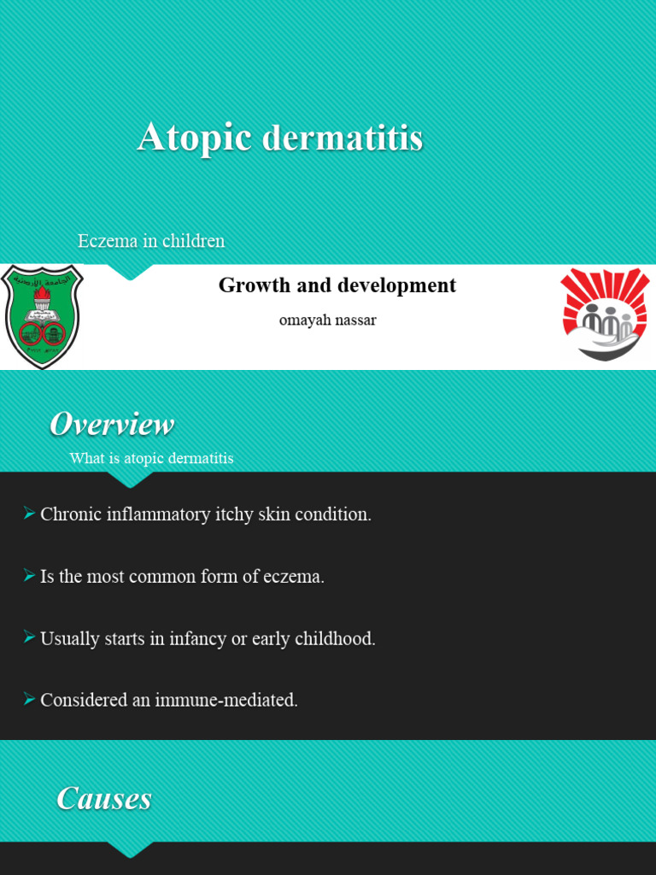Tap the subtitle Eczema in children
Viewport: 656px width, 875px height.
tap(151, 241)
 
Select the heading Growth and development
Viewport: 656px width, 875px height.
tap(337, 285)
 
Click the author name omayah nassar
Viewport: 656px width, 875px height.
tap(327, 320)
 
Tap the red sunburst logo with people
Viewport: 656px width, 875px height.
tap(605, 314)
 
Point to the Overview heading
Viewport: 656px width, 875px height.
tap(112, 424)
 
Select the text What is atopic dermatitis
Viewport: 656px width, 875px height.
tap(151, 459)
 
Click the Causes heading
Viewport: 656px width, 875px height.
tap(104, 798)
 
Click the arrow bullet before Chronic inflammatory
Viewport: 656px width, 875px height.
tap(29, 514)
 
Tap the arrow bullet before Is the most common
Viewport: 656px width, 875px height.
tap(29, 575)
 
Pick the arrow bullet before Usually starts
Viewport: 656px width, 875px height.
tap(29, 637)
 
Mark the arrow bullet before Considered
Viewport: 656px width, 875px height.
tap(29, 699)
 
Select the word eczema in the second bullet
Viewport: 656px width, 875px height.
tap(296, 577)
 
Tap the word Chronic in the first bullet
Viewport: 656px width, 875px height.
tap(69, 515)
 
